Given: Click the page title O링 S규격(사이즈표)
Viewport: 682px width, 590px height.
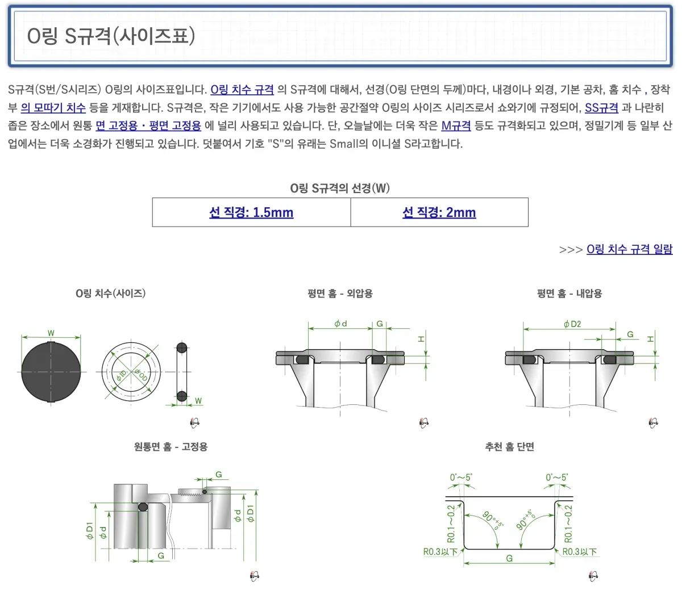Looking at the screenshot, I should [111, 36].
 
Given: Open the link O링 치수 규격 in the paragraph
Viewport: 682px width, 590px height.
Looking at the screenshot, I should [242, 90].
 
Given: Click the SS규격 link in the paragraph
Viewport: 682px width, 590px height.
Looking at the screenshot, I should [601, 108].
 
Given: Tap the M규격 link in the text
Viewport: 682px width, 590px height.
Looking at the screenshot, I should [456, 125].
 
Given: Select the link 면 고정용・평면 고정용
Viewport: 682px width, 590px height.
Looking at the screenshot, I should [148, 125].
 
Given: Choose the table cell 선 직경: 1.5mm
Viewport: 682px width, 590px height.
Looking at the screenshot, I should [251, 212].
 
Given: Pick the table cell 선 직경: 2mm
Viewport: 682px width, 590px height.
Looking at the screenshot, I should [439, 212].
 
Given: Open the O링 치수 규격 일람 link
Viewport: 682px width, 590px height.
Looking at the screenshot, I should [629, 249].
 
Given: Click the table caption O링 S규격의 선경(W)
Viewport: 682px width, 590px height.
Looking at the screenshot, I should [340, 189].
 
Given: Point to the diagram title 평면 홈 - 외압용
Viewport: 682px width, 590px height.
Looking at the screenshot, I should [340, 294].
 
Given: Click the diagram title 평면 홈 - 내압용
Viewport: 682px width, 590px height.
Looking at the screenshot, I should [569, 294].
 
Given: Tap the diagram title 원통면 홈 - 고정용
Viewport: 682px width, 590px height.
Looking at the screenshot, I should [170, 447].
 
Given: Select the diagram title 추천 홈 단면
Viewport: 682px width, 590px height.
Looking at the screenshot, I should [509, 447].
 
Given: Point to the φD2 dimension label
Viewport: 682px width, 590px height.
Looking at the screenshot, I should [572, 324].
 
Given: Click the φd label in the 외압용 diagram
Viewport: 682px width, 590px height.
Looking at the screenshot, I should [340, 324].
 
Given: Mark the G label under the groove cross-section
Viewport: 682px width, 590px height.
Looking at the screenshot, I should [509, 559].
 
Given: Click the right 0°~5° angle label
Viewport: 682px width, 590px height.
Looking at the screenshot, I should [556, 478].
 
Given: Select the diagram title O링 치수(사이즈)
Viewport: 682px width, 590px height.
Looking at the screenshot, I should [111, 294].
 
